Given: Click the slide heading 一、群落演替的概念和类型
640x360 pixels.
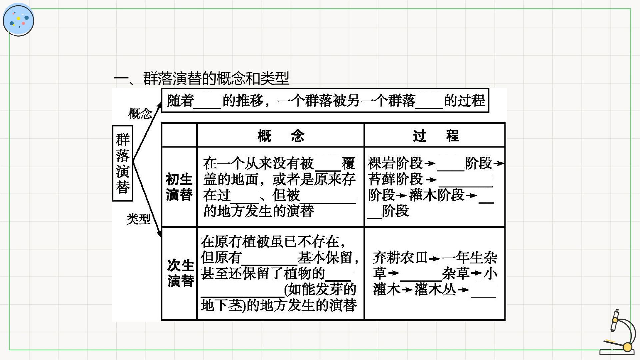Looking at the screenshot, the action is pyautogui.click(x=201, y=79).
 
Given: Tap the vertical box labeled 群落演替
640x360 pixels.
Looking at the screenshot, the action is pyautogui.click(x=123, y=163).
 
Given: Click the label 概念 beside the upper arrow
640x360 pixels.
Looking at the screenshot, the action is pyautogui.click(x=140, y=114).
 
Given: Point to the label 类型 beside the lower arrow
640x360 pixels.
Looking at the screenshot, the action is pyautogui.click(x=138, y=219).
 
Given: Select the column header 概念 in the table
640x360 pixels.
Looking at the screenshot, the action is pyautogui.click(x=281, y=136).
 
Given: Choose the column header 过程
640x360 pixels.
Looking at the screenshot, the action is pyautogui.click(x=436, y=136).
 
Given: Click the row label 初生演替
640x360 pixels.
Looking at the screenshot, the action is pyautogui.click(x=179, y=187).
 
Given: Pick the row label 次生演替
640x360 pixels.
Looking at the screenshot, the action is pyautogui.click(x=180, y=273).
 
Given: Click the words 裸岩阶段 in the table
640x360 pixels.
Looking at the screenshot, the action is pyautogui.click(x=395, y=163).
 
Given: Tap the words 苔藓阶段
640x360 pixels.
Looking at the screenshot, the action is pyautogui.click(x=395, y=179).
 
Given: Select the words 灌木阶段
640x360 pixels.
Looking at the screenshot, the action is pyautogui.click(x=437, y=195).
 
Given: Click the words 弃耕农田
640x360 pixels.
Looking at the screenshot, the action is pyautogui.click(x=400, y=258).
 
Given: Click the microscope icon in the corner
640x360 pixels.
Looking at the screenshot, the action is pyautogui.click(x=616, y=332).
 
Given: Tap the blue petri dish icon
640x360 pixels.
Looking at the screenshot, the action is pyautogui.click(x=18, y=20).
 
